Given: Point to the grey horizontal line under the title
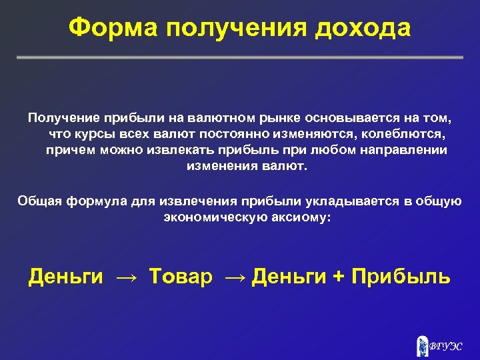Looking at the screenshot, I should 240,58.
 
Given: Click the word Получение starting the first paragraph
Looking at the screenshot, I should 62,118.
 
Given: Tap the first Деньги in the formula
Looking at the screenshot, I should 65,276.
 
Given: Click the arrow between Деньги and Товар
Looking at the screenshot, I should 126,276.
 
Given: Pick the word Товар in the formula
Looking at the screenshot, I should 179,276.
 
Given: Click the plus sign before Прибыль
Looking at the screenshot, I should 339,276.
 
